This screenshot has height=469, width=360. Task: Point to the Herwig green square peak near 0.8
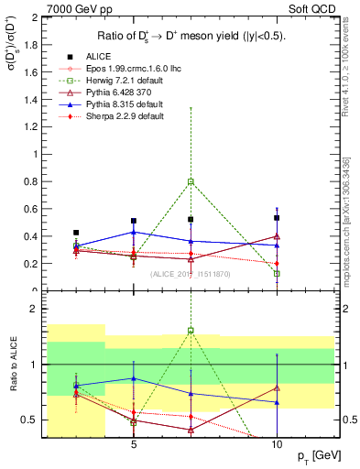click(191, 182)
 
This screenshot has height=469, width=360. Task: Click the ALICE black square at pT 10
click(277, 218)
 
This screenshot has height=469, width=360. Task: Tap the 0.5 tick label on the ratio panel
click(29, 420)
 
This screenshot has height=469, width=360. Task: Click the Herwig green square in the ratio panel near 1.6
click(191, 331)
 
